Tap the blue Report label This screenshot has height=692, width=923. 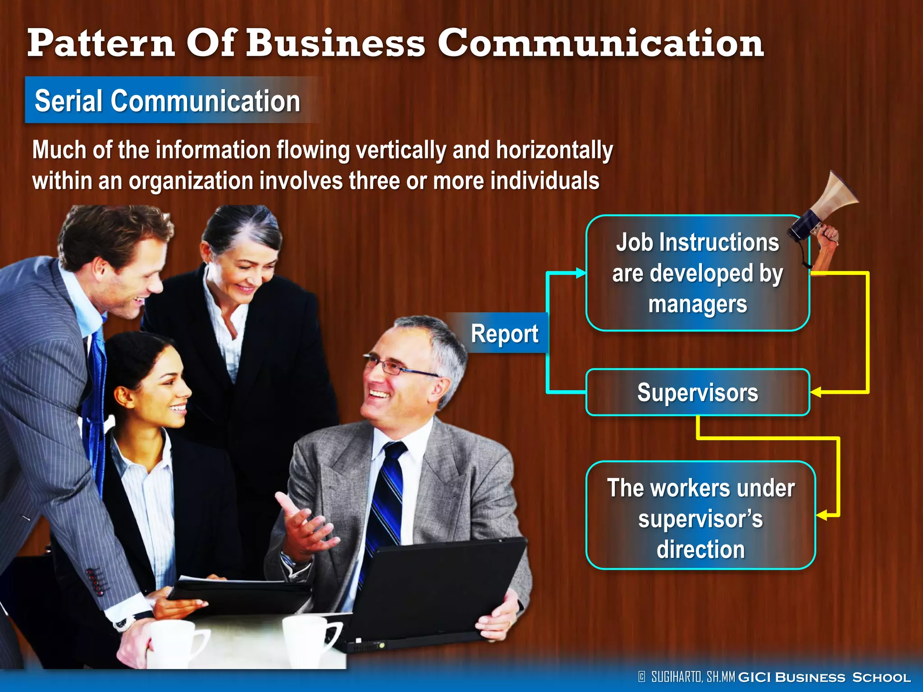pos(504,334)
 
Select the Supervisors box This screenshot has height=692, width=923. pos(698,392)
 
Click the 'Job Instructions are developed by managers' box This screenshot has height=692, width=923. pos(698,273)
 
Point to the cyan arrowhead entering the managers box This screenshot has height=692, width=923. pos(581,273)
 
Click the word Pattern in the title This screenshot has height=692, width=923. pos(101,43)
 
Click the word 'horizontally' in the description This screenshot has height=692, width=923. pos(554,150)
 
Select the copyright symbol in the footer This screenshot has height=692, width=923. pos(642,677)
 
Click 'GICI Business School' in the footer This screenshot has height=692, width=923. pos(824,677)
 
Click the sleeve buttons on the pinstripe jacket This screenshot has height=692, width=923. pos(96,581)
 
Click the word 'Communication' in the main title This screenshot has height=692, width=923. pos(600,43)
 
